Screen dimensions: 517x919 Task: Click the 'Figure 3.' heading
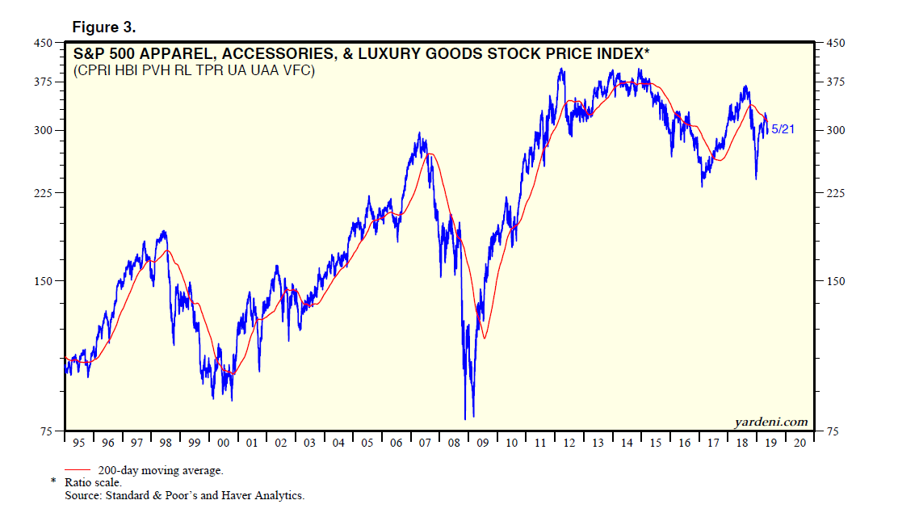pos(104,27)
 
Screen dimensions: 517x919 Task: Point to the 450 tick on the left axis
pos(42,43)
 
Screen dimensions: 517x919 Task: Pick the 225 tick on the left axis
pos(42,193)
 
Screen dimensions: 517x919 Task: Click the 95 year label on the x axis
pos(78,443)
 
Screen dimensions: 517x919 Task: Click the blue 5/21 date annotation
pos(782,129)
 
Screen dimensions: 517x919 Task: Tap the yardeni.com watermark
pos(770,422)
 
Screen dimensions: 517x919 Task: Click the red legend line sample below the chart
pos(78,469)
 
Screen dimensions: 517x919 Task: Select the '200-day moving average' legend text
pos(161,470)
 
